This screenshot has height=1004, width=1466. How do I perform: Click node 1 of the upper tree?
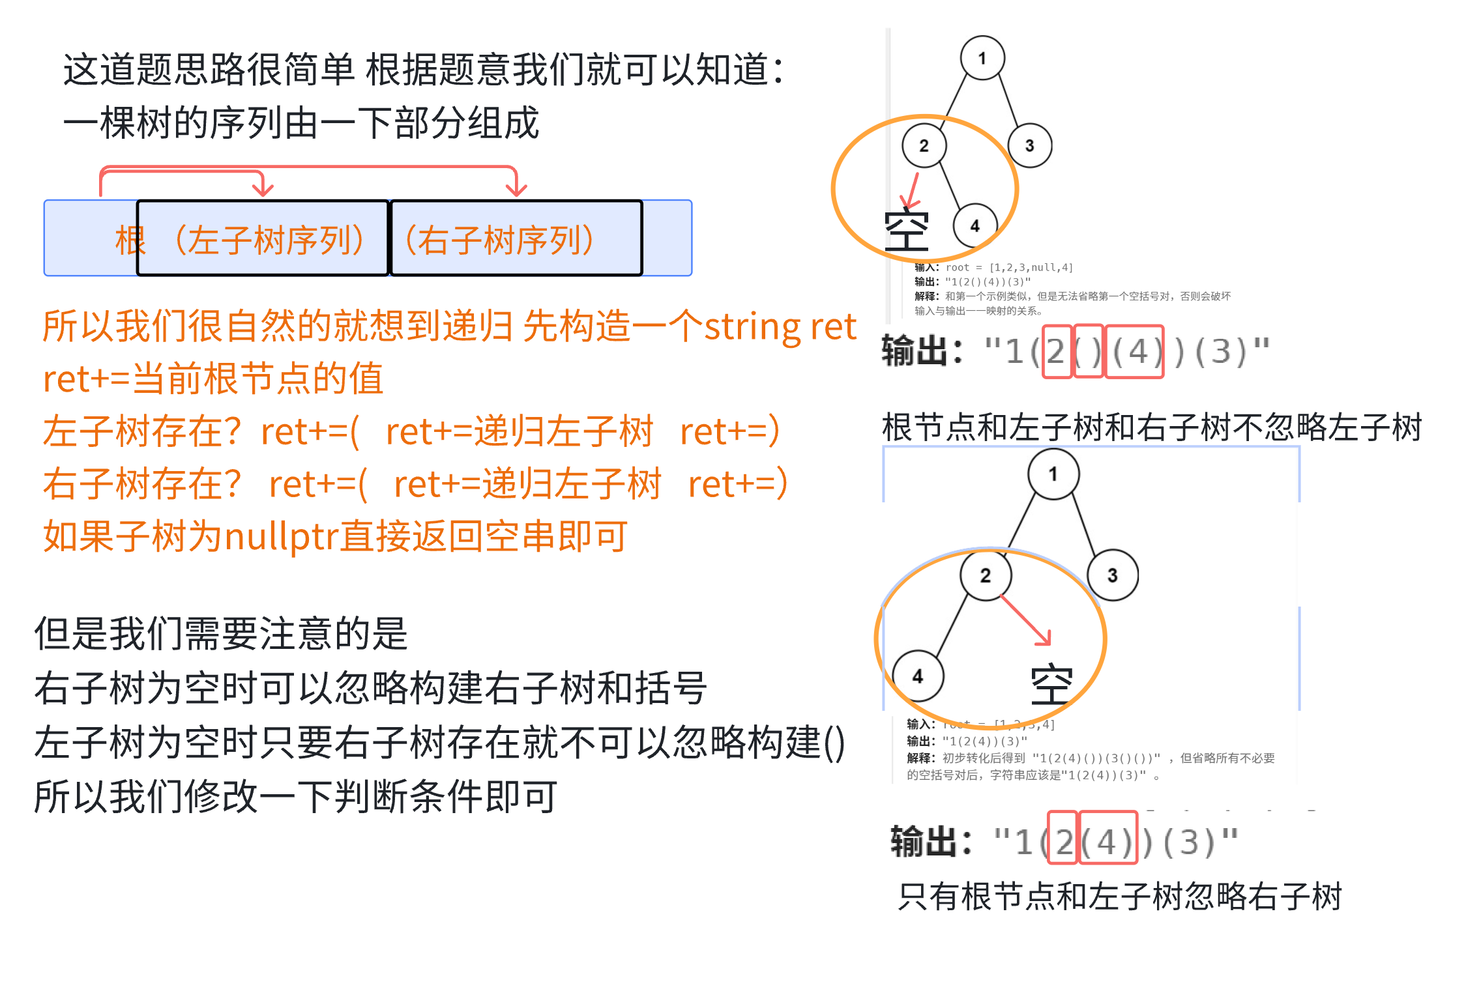tap(982, 58)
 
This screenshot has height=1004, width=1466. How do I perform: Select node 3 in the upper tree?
tap(1029, 145)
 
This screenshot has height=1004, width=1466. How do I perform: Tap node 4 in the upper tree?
tap(975, 226)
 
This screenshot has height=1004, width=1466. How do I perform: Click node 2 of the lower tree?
tap(985, 575)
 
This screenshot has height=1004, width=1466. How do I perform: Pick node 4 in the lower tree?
tap(918, 676)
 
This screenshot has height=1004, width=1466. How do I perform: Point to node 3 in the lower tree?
tap(1112, 575)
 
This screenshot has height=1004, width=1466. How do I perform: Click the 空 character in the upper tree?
tap(906, 231)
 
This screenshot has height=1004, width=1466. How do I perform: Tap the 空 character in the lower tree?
tap(1051, 685)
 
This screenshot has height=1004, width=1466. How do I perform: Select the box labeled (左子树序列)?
tap(263, 238)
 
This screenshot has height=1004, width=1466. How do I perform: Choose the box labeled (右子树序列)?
tap(516, 238)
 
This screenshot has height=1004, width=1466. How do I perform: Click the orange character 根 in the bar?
tap(130, 240)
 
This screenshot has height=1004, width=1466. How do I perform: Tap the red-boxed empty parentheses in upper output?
tap(1088, 351)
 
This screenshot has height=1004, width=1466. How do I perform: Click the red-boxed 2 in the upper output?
tap(1057, 351)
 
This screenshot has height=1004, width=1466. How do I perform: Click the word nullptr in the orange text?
tap(282, 537)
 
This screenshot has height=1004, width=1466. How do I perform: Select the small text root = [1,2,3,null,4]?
tap(1008, 267)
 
